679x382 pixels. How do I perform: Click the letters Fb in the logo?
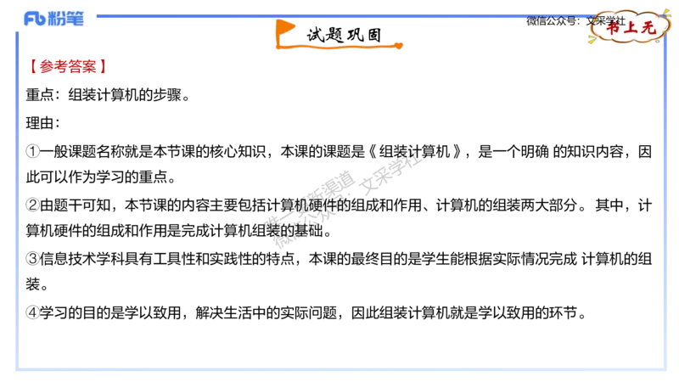coord(34,19)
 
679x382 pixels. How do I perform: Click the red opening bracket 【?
coord(31,66)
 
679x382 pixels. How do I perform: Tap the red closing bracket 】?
coord(104,66)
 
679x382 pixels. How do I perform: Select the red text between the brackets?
coord(68,66)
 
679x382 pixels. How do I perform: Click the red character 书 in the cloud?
coord(613,27)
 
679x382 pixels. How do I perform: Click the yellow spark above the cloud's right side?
coord(666,12)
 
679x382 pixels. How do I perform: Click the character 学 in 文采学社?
coord(609,20)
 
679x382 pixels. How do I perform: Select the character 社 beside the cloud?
coord(620,20)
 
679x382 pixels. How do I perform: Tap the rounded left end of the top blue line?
coord(100,16)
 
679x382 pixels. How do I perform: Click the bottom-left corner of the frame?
coord(17,369)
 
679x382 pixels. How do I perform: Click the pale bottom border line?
coord(339,370)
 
